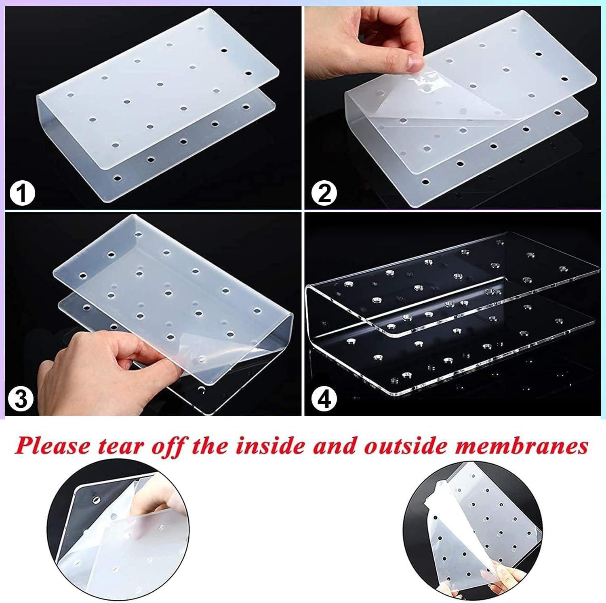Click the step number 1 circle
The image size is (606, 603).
coord(22,193)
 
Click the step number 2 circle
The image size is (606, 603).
coord(324,193)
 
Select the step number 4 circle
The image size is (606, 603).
coord(324,399)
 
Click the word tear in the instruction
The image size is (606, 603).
coord(120,447)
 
